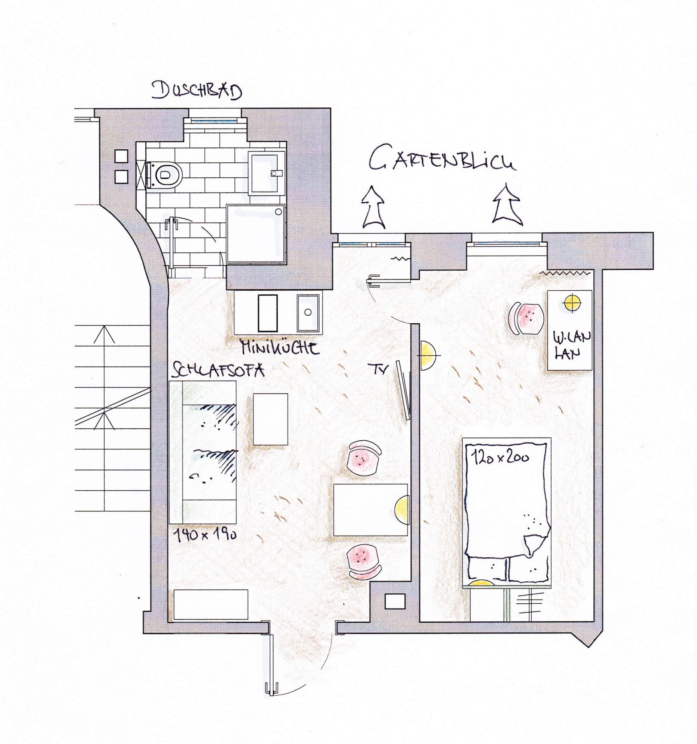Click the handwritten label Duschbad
(x=197, y=91)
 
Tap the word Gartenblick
(x=441, y=162)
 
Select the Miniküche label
(x=280, y=347)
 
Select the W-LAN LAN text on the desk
(x=571, y=345)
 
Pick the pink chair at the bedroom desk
(x=525, y=319)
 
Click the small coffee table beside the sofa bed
(x=271, y=419)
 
